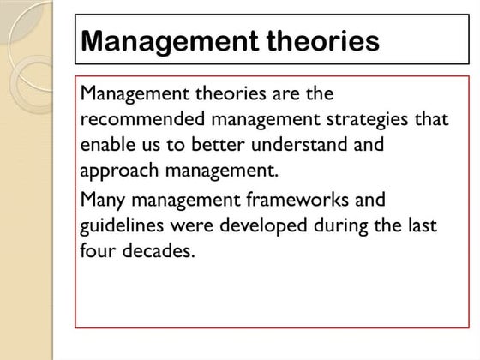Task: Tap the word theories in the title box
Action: (x=316, y=41)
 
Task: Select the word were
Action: (x=192, y=226)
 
